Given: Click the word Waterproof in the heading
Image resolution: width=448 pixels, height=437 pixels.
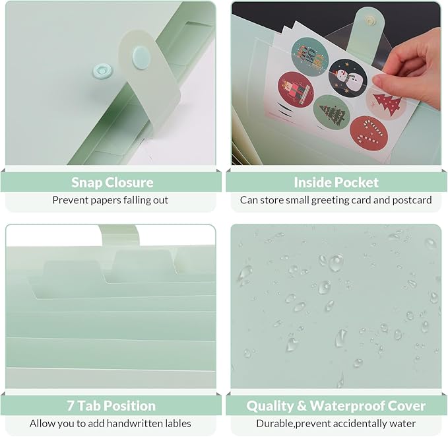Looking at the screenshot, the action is coord(346,406).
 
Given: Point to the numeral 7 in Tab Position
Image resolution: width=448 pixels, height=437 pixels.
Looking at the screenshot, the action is coord(71,406).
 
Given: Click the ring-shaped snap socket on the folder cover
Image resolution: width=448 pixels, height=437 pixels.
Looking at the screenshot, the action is coord(102,71).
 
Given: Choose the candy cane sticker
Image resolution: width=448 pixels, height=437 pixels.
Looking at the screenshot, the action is coord(369,134).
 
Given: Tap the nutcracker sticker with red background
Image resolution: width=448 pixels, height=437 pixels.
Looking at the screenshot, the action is coord(296,90).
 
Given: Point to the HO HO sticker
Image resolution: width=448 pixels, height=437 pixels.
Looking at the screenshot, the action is coord(309,57).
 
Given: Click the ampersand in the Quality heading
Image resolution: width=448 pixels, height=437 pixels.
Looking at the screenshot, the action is coord(302,406).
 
